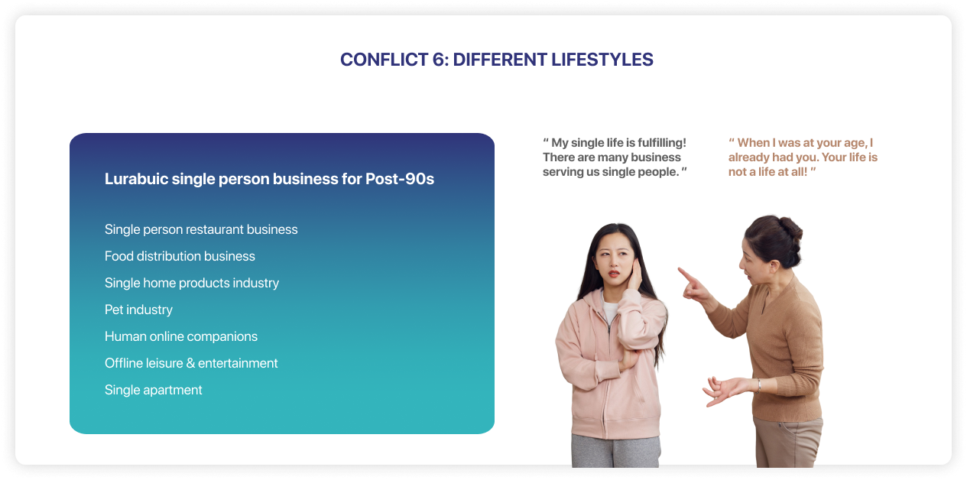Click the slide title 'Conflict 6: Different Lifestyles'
pos(496,60)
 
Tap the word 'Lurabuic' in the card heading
pos(136,179)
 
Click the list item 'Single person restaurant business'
pos(201,229)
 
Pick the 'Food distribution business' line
pos(180,256)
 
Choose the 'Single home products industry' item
pos(192,283)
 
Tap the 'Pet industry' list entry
pos(138,310)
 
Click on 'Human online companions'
pos(181,337)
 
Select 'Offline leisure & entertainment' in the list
pos(191,363)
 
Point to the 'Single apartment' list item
pos(153,391)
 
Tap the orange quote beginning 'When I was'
pos(803,157)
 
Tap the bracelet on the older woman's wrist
pos(758,385)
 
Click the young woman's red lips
pos(615,274)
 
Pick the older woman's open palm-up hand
pos(725,390)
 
